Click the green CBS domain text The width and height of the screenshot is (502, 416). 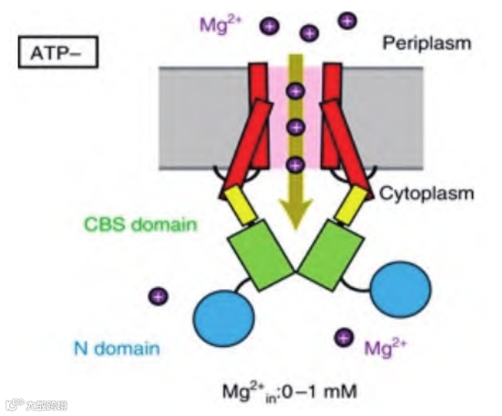(x=141, y=223)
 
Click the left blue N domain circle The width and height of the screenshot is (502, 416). (x=224, y=320)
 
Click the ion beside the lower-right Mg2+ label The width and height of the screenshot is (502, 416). (x=342, y=338)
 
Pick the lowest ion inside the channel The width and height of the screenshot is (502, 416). (x=293, y=165)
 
